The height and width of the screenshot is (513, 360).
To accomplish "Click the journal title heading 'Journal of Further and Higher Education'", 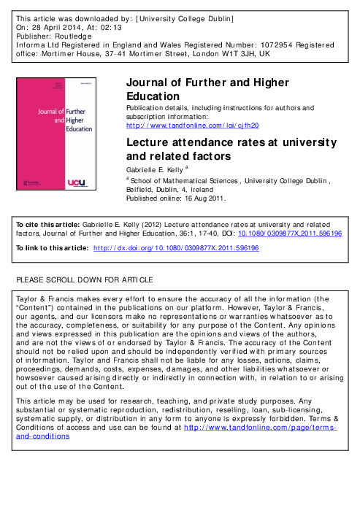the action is click(x=208, y=89).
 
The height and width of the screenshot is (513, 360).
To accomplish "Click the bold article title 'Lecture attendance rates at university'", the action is click(x=231, y=142).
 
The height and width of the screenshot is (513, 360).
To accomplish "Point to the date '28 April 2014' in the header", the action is click(x=60, y=25).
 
